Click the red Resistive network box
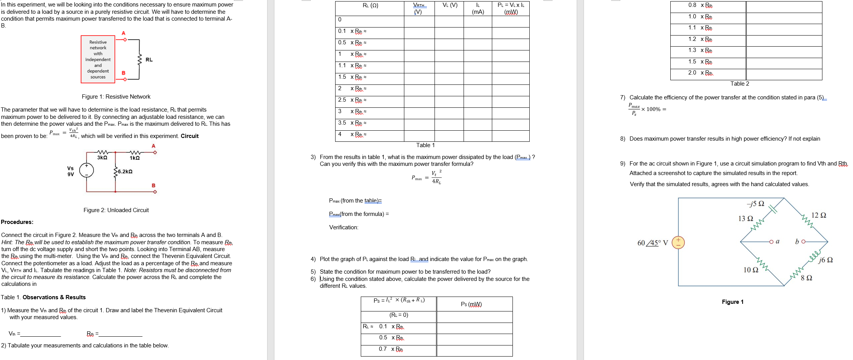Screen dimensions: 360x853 click(x=98, y=59)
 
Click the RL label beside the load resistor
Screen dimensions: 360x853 click(x=149, y=60)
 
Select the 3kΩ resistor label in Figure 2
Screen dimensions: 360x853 click(x=102, y=158)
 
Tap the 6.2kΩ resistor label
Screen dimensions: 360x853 click(x=125, y=172)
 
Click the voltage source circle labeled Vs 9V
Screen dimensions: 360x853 click(x=87, y=170)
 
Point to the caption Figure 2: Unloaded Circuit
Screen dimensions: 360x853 click(x=116, y=210)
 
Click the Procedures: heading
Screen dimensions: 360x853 click(x=17, y=222)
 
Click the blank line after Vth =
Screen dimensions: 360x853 click(x=41, y=334)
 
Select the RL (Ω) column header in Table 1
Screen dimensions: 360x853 click(x=370, y=5)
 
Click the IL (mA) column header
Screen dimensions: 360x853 click(x=478, y=8)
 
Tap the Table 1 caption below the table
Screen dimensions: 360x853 click(x=425, y=145)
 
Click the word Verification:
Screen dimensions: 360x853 click(x=344, y=227)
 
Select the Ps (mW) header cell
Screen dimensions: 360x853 click(x=471, y=304)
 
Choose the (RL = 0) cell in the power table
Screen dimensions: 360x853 click(x=399, y=315)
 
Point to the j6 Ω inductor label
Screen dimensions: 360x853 click(x=825, y=260)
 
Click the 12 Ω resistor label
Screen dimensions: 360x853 click(x=819, y=215)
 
